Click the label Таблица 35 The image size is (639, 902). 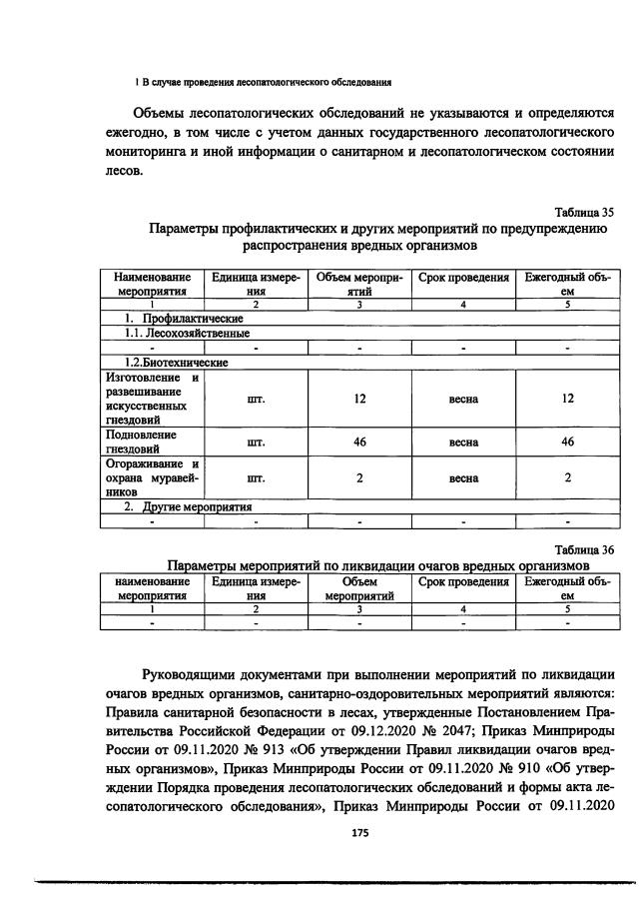click(x=584, y=212)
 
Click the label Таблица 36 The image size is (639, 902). click(x=584, y=548)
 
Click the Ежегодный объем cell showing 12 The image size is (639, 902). click(x=567, y=399)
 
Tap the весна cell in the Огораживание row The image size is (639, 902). click(x=463, y=477)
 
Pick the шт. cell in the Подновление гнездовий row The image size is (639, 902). click(x=255, y=442)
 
